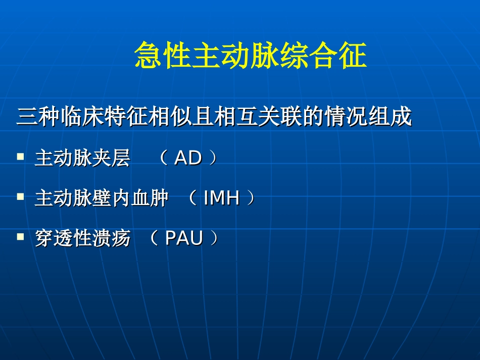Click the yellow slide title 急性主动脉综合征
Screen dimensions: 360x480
click(250, 56)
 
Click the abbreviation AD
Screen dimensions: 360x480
click(187, 159)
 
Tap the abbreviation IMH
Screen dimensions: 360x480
click(221, 198)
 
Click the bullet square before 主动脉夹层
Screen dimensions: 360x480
click(20, 157)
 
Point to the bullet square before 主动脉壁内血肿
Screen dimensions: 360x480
click(20, 197)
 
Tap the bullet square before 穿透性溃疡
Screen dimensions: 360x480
click(20, 237)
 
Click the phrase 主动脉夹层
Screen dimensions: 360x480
click(82, 159)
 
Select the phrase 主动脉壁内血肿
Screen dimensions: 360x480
click(101, 198)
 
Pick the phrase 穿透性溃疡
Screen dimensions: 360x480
click(82, 238)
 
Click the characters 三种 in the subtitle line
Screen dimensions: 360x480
click(36, 118)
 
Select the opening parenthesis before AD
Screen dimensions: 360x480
click(164, 159)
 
